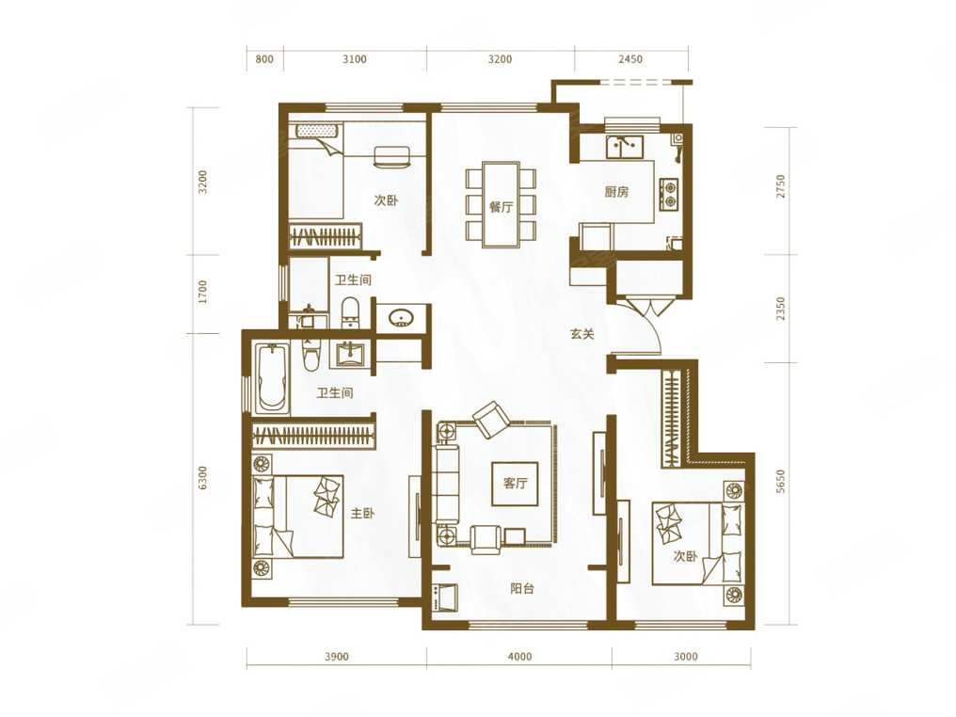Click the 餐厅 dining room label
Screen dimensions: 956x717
pyautogui.click(x=501, y=207)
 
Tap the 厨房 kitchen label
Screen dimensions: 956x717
pyautogui.click(x=616, y=192)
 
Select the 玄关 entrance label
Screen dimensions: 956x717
pyautogui.click(x=582, y=334)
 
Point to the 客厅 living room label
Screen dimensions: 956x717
pyautogui.click(x=516, y=484)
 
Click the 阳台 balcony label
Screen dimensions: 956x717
pyautogui.click(x=522, y=588)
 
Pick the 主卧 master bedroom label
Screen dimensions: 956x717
pyautogui.click(x=362, y=514)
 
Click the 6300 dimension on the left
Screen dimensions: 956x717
pyautogui.click(x=203, y=478)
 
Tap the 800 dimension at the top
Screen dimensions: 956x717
pyautogui.click(x=264, y=59)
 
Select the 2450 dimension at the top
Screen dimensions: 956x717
pyautogui.click(x=630, y=59)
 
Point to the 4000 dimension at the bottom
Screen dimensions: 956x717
pyautogui.click(x=519, y=657)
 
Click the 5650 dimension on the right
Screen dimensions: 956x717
pyautogui.click(x=781, y=481)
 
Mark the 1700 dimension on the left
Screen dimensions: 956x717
pyautogui.click(x=203, y=292)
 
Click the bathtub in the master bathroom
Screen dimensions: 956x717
pyautogui.click(x=271, y=378)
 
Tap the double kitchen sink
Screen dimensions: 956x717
pyautogui.click(x=624, y=147)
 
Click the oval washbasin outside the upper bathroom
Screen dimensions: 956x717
pyautogui.click(x=401, y=318)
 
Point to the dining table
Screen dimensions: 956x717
pyautogui.click(x=501, y=204)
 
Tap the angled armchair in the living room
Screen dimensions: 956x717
pyautogui.click(x=491, y=419)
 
